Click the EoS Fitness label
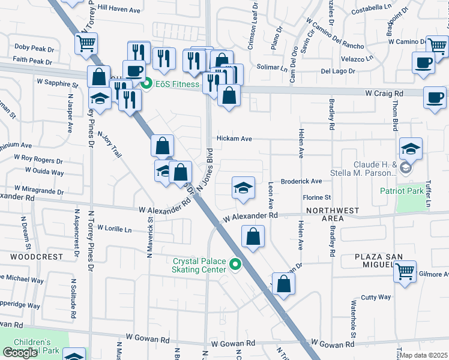(177, 84)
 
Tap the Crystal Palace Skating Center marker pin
(235, 265)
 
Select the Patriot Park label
(402, 191)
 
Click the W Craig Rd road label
(384, 93)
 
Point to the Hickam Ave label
(234, 138)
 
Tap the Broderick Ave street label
(301, 181)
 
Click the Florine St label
(317, 197)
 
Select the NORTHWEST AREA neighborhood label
(332, 214)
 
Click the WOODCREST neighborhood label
(37, 256)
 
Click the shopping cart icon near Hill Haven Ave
(86, 43)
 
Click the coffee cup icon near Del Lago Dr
(424, 62)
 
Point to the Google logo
(20, 353)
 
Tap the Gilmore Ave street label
(433, 274)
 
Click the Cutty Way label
(376, 297)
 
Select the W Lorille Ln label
(114, 229)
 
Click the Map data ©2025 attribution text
(423, 355)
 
